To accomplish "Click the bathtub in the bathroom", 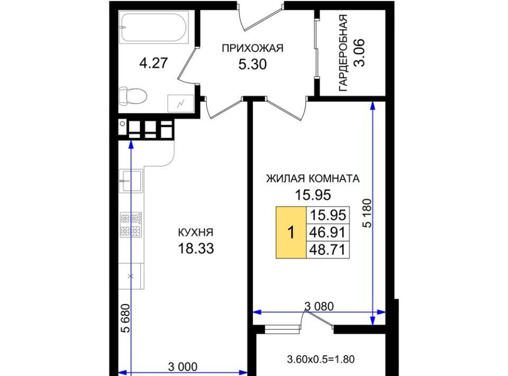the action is [x=153, y=27].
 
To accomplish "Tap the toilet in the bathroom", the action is [x=133, y=96].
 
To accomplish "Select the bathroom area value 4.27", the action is [x=153, y=63].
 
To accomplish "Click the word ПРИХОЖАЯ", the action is [x=252, y=48].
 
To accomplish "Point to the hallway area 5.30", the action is [x=253, y=64].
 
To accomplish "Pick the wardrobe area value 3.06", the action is [x=359, y=53].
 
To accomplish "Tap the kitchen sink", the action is [x=131, y=181].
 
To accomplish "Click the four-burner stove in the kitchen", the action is [x=131, y=225].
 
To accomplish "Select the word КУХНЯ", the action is [x=196, y=232].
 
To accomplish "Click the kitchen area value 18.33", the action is [x=196, y=248].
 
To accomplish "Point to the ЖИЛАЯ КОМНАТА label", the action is [x=313, y=178].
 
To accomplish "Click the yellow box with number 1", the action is [x=291, y=232].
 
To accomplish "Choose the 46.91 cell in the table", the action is [x=328, y=232].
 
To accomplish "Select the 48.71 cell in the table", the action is [x=328, y=250].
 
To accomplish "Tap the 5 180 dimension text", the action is [x=368, y=213].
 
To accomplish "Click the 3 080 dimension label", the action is [x=319, y=306].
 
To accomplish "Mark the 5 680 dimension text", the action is [x=125, y=318].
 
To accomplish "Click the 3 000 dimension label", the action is [x=183, y=367].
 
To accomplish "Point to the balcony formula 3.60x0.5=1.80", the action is [x=321, y=359].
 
